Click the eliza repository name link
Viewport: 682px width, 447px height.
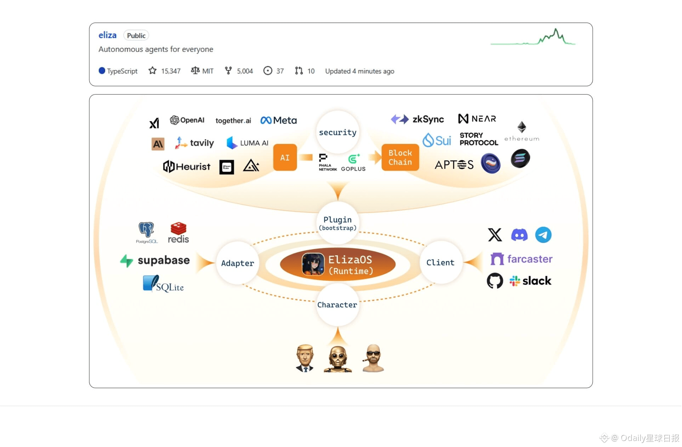pyautogui.click(x=107, y=35)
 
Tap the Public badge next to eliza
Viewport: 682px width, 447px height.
pyautogui.click(x=136, y=35)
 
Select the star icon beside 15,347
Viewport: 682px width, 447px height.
pyautogui.click(x=152, y=71)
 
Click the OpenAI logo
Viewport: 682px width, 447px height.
pyautogui.click(x=187, y=120)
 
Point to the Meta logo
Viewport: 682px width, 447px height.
pyautogui.click(x=278, y=121)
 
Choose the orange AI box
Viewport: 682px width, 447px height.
pyautogui.click(x=285, y=157)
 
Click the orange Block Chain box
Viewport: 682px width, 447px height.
pyautogui.click(x=400, y=157)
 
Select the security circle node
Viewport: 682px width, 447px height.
pyautogui.click(x=337, y=132)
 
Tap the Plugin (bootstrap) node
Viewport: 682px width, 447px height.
pyautogui.click(x=337, y=223)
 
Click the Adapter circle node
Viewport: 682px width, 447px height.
pyautogui.click(x=237, y=263)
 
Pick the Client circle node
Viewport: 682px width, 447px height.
pyautogui.click(x=440, y=262)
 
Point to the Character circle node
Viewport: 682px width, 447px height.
pyautogui.click(x=337, y=305)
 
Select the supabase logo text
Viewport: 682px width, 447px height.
pyautogui.click(x=163, y=260)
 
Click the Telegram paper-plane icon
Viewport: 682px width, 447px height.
pyautogui.click(x=543, y=235)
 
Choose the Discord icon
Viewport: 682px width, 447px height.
pyautogui.click(x=519, y=235)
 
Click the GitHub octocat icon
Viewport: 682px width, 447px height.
pyautogui.click(x=495, y=281)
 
